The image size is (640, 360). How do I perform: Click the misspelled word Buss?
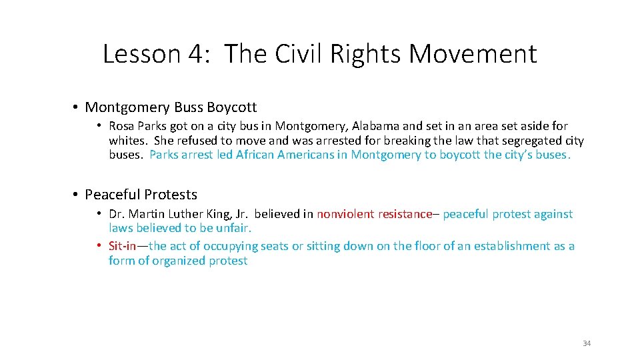[189, 107]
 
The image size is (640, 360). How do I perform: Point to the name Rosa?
[122, 126]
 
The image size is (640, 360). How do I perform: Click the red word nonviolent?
[345, 214]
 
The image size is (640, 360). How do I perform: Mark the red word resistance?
[405, 214]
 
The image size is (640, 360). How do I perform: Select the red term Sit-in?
[123, 246]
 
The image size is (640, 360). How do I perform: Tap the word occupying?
[231, 246]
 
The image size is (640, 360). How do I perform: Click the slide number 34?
[587, 343]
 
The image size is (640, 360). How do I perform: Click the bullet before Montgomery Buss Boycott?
[77, 107]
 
